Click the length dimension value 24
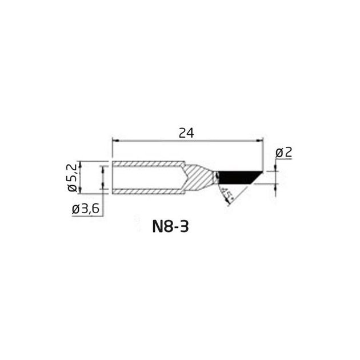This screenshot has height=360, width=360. pyautogui.click(x=186, y=133)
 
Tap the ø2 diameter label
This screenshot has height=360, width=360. pyautogui.click(x=284, y=153)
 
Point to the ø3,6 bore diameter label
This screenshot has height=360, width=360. pyautogui.click(x=85, y=209)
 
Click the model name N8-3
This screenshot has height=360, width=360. pyautogui.click(x=170, y=227)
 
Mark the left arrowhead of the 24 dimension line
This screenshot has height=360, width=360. pyautogui.click(x=115, y=141)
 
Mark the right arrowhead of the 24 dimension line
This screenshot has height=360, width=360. pyautogui.click(x=260, y=141)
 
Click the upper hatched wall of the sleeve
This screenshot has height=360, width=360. pyautogui.click(x=149, y=164)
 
